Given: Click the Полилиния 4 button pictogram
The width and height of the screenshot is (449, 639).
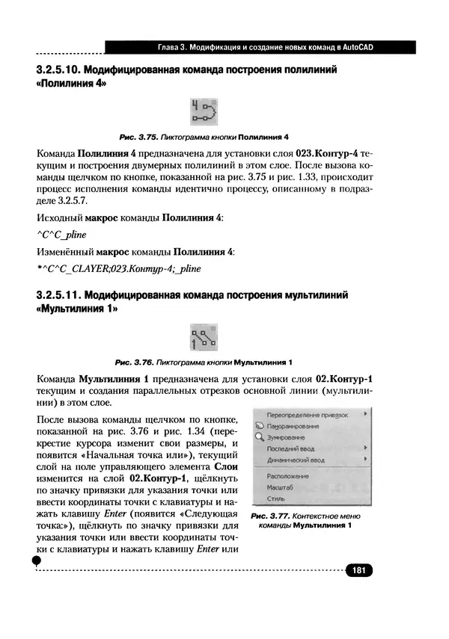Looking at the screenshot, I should pyautogui.click(x=203, y=112).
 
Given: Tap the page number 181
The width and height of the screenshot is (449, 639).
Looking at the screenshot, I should pyautogui.click(x=358, y=571).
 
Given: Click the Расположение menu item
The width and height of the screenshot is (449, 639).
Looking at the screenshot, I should pyautogui.click(x=287, y=475).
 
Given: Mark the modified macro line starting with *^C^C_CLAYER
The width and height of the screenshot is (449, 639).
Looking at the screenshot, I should pyautogui.click(x=118, y=268).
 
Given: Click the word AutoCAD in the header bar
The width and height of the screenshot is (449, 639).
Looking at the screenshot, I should pyautogui.click(x=353, y=48).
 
